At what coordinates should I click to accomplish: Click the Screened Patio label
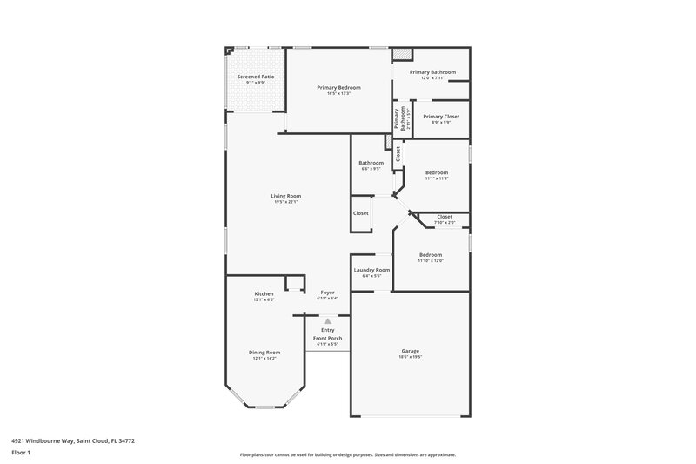pyautogui.click(x=256, y=77)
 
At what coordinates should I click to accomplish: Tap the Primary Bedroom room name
pyautogui.click(x=338, y=87)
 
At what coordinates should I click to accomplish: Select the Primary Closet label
pyautogui.click(x=440, y=116)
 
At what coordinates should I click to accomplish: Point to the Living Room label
pyautogui.click(x=285, y=196)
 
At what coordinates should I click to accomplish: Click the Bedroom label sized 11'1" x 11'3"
pyautogui.click(x=437, y=172)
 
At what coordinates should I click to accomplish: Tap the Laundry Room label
pyautogui.click(x=371, y=270)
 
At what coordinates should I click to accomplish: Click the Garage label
pyautogui.click(x=410, y=351)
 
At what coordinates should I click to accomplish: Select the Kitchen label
pyautogui.click(x=264, y=293)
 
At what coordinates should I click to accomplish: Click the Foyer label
pyautogui.click(x=327, y=293)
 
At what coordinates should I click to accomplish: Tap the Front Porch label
pyautogui.click(x=327, y=340)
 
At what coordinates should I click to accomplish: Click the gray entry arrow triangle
pyautogui.click(x=328, y=321)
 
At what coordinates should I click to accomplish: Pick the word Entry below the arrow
pyautogui.click(x=328, y=330)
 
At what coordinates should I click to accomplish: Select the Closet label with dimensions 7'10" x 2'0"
pyautogui.click(x=445, y=216)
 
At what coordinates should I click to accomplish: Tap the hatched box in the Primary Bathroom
pyautogui.click(x=400, y=55)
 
